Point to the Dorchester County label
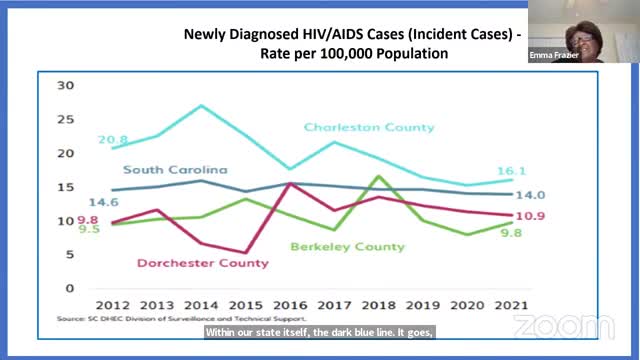pyautogui.click(x=204, y=263)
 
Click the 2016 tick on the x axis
pyautogui.click(x=288, y=305)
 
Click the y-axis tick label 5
pyautogui.click(x=69, y=255)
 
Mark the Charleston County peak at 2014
pyautogui.click(x=202, y=105)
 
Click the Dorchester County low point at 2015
pyautogui.click(x=245, y=253)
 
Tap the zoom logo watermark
pyautogui.click(x=549, y=327)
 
